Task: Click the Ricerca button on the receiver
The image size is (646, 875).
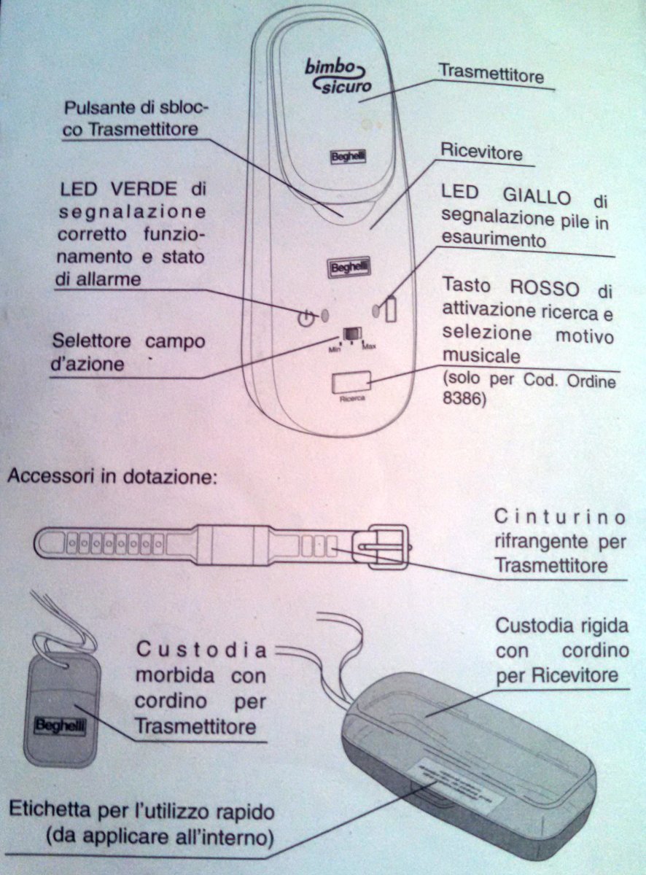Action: point(351,382)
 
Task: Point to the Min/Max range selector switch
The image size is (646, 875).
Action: point(352,332)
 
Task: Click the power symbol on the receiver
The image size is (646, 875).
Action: point(306,317)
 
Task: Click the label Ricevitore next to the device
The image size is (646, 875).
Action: point(481,154)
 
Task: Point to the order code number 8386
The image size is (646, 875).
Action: point(462,399)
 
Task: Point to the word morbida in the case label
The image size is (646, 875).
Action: point(175,675)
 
